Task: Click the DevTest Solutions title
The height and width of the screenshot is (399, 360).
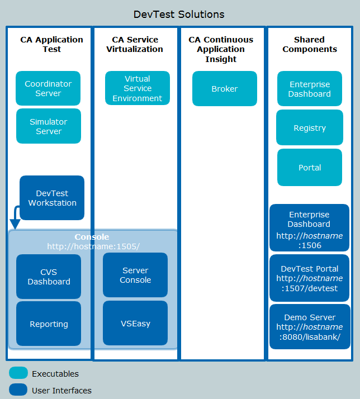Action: coord(179,14)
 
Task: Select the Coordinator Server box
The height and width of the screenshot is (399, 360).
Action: coord(48,88)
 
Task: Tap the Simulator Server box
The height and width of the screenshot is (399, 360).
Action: coord(48,126)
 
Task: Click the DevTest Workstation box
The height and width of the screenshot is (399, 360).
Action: coord(52,198)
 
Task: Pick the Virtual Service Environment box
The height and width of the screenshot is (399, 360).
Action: coord(138,88)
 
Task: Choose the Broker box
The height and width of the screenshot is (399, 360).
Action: coord(225,88)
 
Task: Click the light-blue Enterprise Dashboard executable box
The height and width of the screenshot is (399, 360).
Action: coord(310,89)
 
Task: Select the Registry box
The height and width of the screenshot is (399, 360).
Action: coord(310,128)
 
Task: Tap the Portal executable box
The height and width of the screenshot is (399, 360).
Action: coord(310,168)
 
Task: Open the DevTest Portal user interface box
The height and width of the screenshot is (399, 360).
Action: coord(310,278)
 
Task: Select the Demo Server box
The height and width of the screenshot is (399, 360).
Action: coord(310,327)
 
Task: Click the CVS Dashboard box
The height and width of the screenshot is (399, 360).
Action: coord(49,277)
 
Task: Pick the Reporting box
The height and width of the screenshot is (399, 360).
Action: coord(49,324)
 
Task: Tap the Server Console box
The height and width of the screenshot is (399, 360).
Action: coord(135,275)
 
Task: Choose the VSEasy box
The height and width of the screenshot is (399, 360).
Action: coord(135,323)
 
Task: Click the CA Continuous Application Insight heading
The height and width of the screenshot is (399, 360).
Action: coord(221,49)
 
